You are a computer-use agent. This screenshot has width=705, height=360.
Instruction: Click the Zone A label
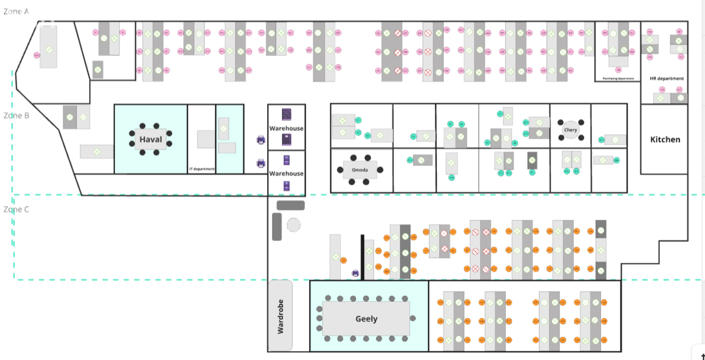pos(16,11)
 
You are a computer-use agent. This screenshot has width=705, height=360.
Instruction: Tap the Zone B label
pos(16,116)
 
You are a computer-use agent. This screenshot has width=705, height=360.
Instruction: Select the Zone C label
pos(16,210)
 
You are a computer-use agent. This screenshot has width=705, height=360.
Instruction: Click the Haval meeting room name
pos(151,139)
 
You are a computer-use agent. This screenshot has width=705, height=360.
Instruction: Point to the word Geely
pos(366,319)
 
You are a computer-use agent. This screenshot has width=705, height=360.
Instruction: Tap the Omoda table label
pos(360,170)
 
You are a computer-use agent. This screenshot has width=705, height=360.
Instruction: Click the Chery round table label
pos(571,130)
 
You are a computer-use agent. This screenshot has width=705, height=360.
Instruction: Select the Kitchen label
pos(665,139)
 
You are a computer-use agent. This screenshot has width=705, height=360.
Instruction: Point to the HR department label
pos(667,79)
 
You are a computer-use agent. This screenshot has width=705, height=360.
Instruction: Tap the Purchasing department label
pos(618,79)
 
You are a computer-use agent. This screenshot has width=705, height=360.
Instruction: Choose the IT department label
pos(202,169)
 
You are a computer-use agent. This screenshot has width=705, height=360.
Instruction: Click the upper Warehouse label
pos(286,128)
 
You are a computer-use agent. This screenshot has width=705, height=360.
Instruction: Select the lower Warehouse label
pos(286,173)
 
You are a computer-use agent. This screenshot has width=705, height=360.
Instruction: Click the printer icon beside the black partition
pos(356,273)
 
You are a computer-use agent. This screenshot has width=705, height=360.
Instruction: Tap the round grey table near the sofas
pos(294,225)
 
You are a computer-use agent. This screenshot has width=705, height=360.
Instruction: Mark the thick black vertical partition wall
pos(362,257)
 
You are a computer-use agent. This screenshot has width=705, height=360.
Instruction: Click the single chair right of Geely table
pos(414,318)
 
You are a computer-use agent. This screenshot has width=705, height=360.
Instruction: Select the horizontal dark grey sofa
pos(290,205)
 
